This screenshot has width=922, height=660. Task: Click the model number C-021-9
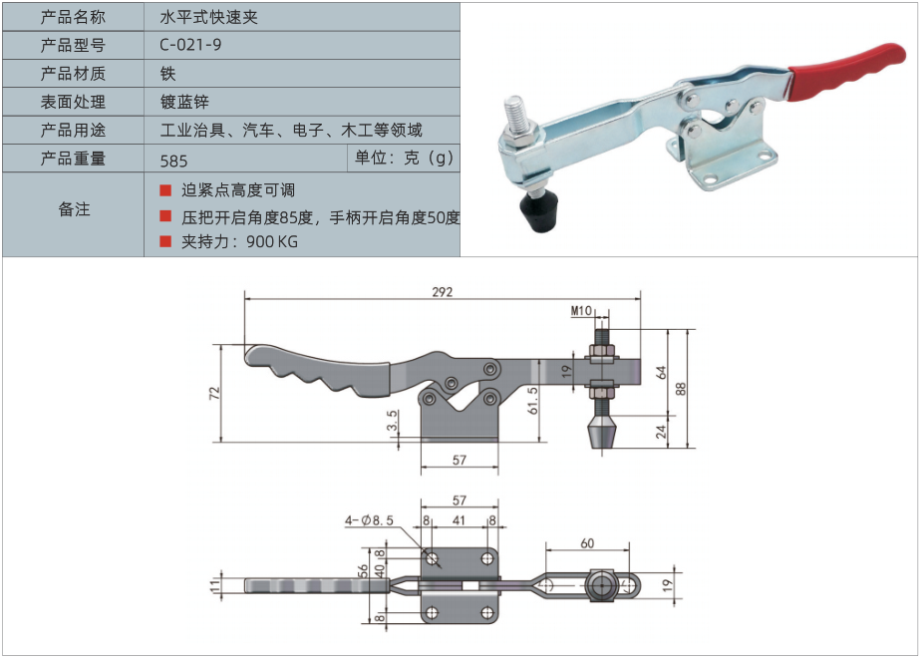[x=190, y=45]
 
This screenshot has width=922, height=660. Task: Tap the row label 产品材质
[x=73, y=74]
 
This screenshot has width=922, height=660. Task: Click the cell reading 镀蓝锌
[x=184, y=102]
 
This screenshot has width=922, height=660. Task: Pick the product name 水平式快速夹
[x=208, y=17]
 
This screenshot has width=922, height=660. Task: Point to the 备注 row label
[x=74, y=209]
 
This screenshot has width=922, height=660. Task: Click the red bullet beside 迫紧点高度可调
[x=165, y=190]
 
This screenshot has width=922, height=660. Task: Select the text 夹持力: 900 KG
[x=239, y=241]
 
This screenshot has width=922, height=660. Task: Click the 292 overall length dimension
[x=443, y=292]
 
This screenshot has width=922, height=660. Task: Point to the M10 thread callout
[x=581, y=311]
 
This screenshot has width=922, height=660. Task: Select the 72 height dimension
[x=214, y=393]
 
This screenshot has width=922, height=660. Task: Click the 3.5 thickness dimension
[x=392, y=420]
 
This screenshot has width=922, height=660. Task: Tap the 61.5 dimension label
[x=532, y=401]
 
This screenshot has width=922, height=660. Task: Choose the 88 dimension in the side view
[x=681, y=389]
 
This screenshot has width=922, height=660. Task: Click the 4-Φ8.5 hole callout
[x=369, y=520]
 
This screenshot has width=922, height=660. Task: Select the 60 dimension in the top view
[x=587, y=543]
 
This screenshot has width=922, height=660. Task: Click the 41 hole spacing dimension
[x=459, y=520]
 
